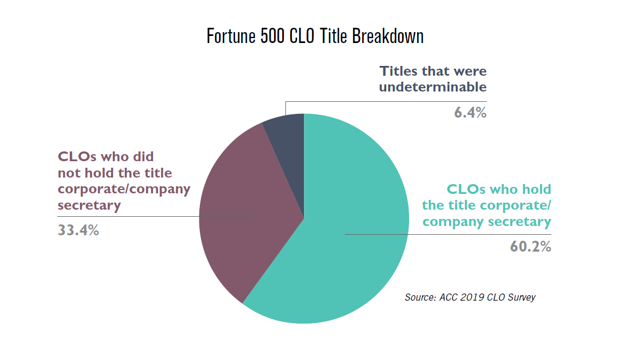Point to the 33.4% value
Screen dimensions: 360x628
[78, 230]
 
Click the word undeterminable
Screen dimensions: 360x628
[432, 87]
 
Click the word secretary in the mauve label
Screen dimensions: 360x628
[89, 205]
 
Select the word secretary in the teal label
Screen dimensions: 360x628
[520, 222]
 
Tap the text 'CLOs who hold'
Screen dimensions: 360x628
[498, 190]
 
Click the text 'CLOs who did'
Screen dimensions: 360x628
[106, 157]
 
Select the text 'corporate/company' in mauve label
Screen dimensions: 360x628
[124, 189]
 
